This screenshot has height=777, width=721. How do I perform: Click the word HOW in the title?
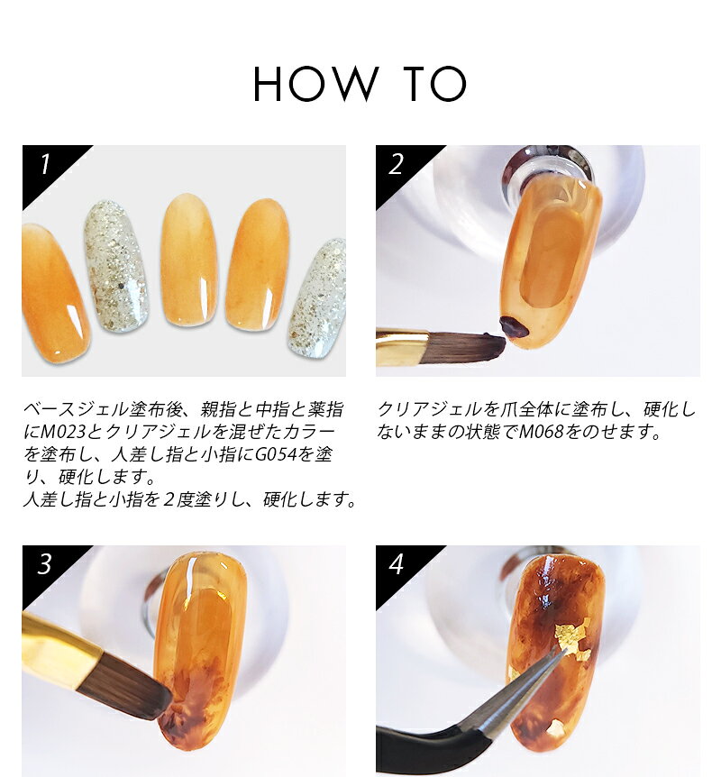pos(316,84)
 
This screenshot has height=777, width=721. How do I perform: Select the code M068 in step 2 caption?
pos(538,432)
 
